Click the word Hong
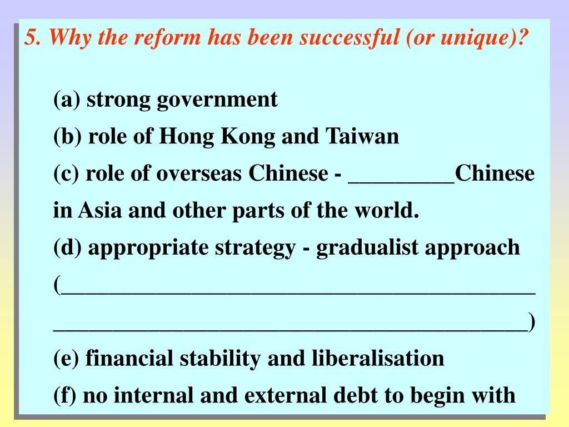pyautogui.click(x=187, y=137)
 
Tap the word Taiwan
pyautogui.click(x=362, y=137)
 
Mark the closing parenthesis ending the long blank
pyautogui.click(x=532, y=322)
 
